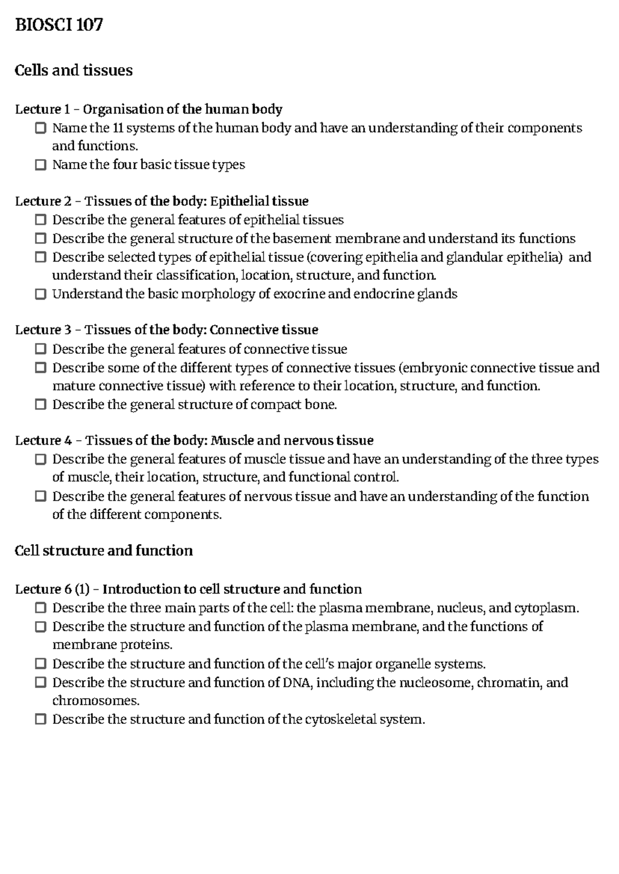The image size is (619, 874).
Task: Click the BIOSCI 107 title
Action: [x=59, y=25]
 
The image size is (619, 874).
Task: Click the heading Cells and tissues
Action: [x=74, y=70]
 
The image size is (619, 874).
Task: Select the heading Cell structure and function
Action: [x=104, y=551]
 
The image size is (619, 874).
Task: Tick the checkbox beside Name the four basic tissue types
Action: [x=41, y=165]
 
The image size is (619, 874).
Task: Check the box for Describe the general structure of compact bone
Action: [x=41, y=404]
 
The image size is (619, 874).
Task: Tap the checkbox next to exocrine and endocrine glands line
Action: [x=41, y=295]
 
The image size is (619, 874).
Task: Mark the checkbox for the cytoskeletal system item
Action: [x=41, y=719]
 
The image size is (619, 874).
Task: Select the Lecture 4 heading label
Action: [x=43, y=441]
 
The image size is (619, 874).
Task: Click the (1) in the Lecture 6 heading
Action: [x=82, y=589]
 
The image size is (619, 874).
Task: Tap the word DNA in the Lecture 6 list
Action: [x=298, y=683]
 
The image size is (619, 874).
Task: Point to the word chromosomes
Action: [x=96, y=701]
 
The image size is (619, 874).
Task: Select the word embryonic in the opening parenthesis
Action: [x=434, y=368]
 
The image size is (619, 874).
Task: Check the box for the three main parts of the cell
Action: [x=41, y=608]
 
